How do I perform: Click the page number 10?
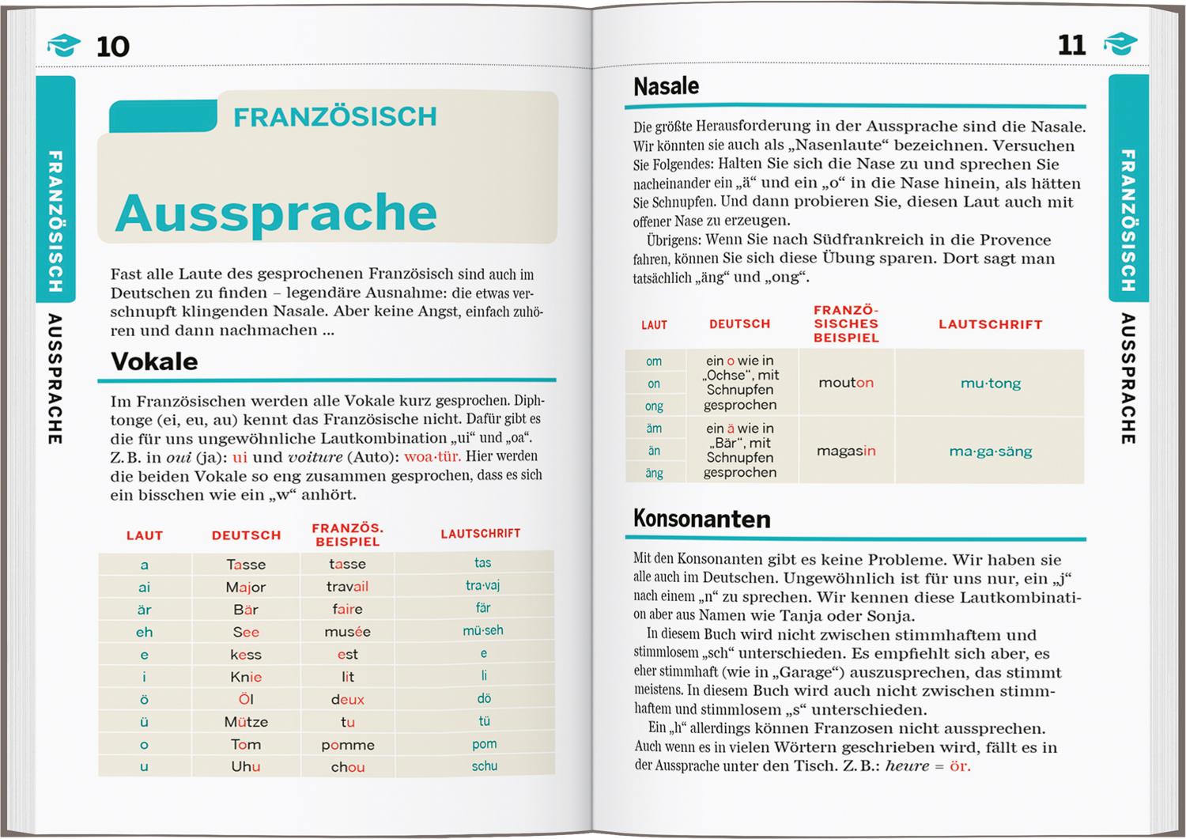coord(112,46)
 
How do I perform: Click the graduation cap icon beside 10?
coord(64,45)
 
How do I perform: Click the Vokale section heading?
coord(154,361)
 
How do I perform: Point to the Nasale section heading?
coord(666,85)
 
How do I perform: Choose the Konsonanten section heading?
coord(701,519)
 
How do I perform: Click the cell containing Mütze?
coord(246,722)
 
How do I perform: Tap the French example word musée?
coord(347,632)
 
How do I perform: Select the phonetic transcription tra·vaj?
coord(482,586)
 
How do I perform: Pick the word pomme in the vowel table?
coord(347,745)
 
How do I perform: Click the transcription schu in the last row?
coord(484,766)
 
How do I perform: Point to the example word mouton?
coord(845,383)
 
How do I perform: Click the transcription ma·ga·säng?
coord(990,452)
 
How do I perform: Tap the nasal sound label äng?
coord(654,474)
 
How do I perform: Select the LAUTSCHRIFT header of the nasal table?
coord(990,324)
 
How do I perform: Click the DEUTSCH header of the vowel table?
coord(246,535)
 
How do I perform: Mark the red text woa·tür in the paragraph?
coord(432,457)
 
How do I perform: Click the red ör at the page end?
coord(959,766)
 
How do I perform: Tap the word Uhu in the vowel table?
coord(246,767)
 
